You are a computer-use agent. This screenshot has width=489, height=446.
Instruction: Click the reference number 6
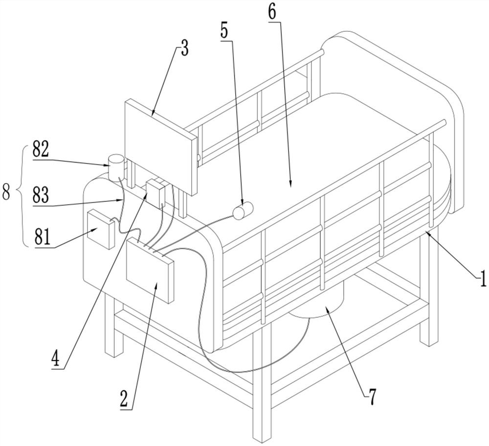coord(272,13)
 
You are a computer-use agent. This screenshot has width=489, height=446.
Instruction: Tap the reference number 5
coord(224,31)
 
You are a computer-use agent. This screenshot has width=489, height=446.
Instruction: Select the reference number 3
coord(185,48)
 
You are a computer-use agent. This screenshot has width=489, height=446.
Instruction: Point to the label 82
coord(41,151)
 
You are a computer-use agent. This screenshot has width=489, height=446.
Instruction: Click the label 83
coord(41,195)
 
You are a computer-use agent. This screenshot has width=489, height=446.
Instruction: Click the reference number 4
coord(56,359)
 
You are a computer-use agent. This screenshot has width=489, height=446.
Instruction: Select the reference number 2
coord(124,399)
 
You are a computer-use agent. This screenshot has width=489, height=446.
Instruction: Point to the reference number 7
coord(373,397)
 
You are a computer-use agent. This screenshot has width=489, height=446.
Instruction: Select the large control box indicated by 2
coord(150,270)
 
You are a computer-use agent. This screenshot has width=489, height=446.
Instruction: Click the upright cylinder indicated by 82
coord(116,166)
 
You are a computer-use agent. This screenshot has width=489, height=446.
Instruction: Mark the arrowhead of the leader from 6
coord(290,186)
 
